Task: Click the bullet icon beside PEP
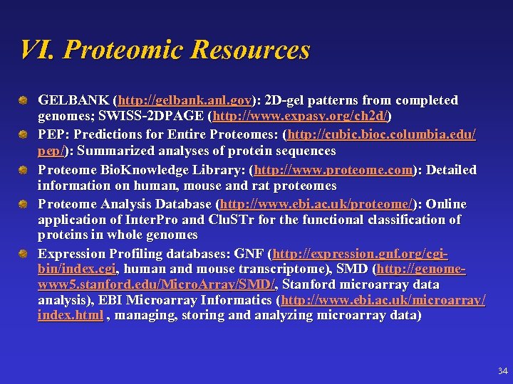coord(24,134)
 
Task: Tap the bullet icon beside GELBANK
coord(24,100)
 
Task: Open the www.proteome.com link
coord(333,170)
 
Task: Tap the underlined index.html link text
coord(71,315)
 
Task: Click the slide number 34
coord(502,371)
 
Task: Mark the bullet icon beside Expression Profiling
coord(24,254)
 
